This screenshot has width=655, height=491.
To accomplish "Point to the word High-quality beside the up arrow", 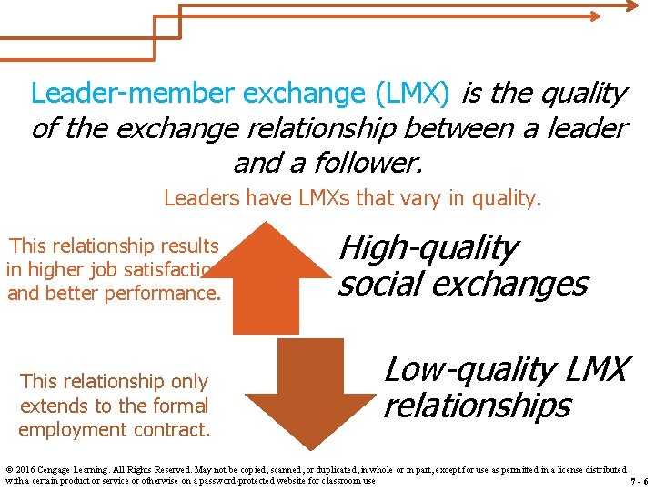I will click(428, 246).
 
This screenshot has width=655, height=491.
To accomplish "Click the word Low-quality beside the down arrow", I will click(455, 370).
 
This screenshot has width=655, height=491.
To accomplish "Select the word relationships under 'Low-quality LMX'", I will click(477, 406).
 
